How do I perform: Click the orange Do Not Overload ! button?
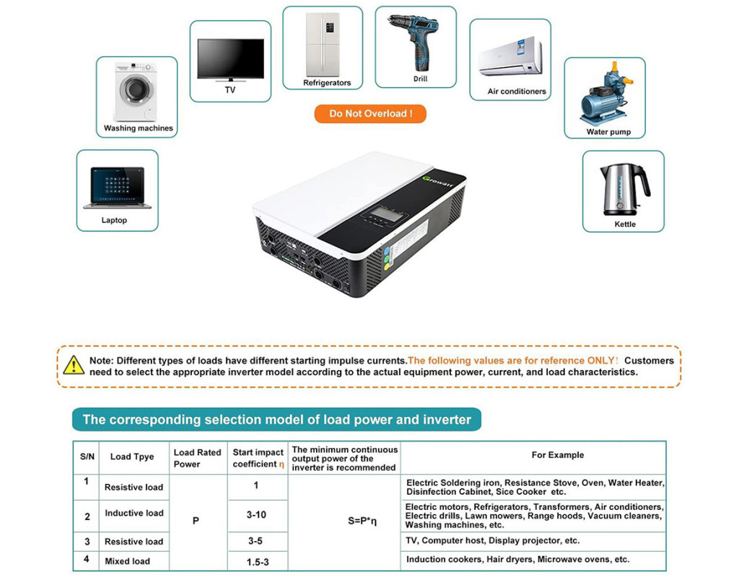pyautogui.click(x=370, y=114)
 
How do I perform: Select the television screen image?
pyautogui.click(x=230, y=59)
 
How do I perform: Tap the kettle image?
pyautogui.click(x=623, y=189)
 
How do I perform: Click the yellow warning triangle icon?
pyautogui.click(x=74, y=365)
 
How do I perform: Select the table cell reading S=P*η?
pyautogui.click(x=344, y=521)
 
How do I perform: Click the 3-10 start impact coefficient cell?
pyautogui.click(x=256, y=515)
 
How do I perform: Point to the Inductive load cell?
pyautogui.click(x=134, y=514)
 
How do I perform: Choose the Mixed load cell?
pyautogui.click(x=127, y=561)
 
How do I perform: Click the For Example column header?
pyautogui.click(x=557, y=455)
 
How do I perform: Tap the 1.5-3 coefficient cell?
pyautogui.click(x=257, y=562)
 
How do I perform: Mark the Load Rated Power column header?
pyautogui.click(x=197, y=458)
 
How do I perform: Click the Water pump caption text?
pyautogui.click(x=608, y=132)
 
